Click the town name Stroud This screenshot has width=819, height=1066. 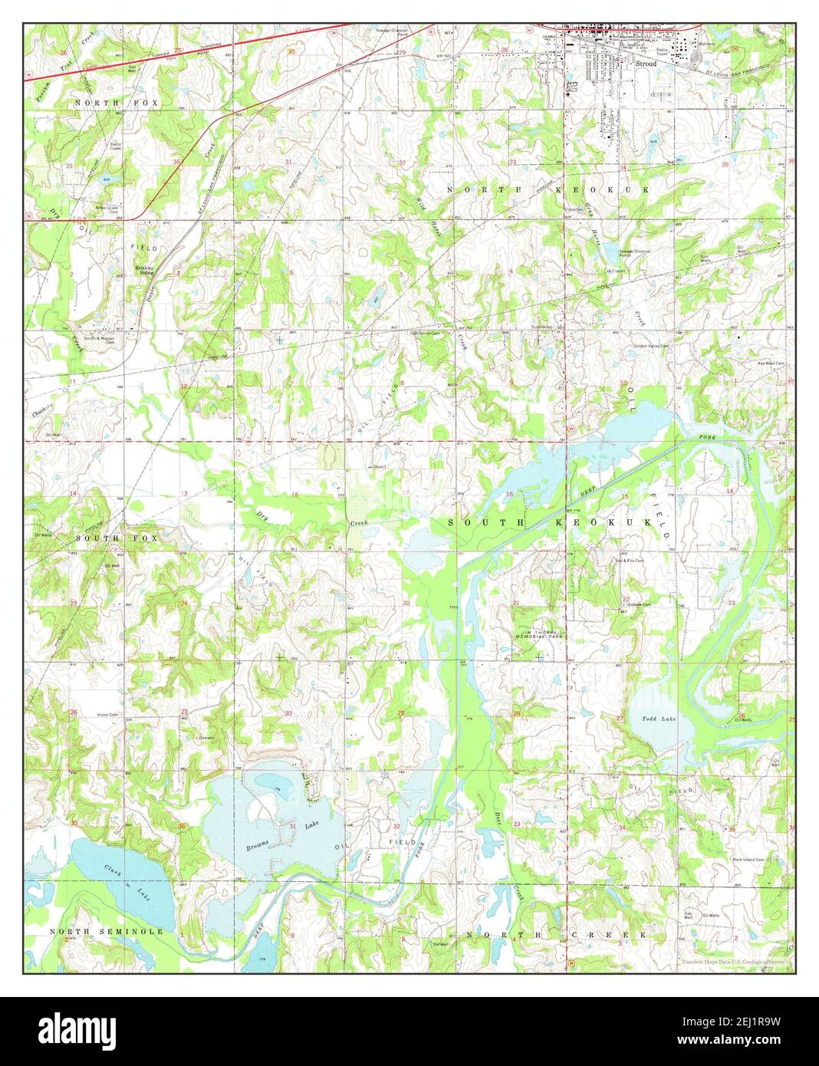(x=646, y=64)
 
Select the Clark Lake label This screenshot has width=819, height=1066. (x=127, y=880)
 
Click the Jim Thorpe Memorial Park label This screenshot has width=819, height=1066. (x=538, y=635)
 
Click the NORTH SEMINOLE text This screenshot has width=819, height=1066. (x=107, y=931)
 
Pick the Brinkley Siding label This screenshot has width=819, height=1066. (x=145, y=269)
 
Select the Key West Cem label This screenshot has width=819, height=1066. (x=771, y=364)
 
